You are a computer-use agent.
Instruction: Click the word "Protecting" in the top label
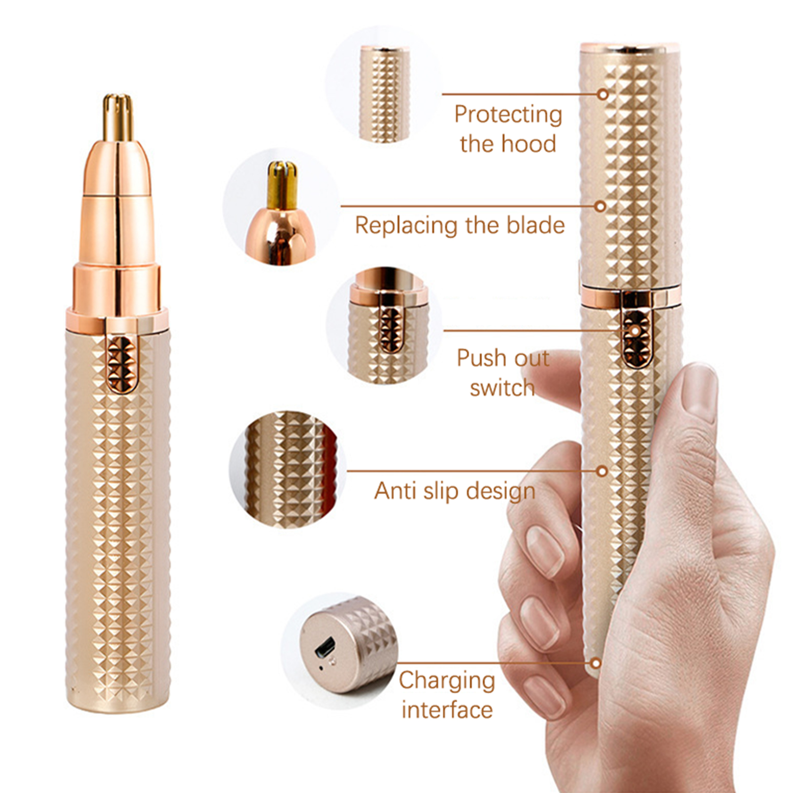508,115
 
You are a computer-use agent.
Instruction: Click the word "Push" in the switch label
479,358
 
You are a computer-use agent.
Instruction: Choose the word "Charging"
447,681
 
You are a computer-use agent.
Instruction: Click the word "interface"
447,709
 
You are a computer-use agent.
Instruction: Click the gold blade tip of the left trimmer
118,117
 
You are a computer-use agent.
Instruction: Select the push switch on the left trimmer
121,364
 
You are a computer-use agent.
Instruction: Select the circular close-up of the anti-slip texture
287,469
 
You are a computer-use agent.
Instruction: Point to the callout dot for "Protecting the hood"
603,94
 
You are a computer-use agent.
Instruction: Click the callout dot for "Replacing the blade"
600,206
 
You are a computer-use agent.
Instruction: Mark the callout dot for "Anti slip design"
602,471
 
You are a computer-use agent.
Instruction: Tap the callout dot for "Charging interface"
596,663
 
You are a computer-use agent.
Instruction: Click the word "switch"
502,388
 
